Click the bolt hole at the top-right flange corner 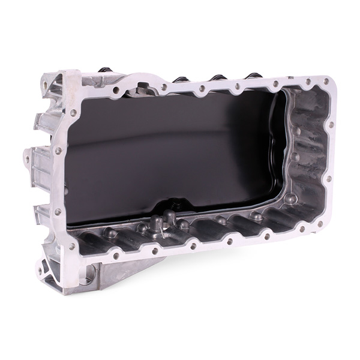326,82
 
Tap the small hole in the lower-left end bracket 40,271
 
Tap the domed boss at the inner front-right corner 290,199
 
